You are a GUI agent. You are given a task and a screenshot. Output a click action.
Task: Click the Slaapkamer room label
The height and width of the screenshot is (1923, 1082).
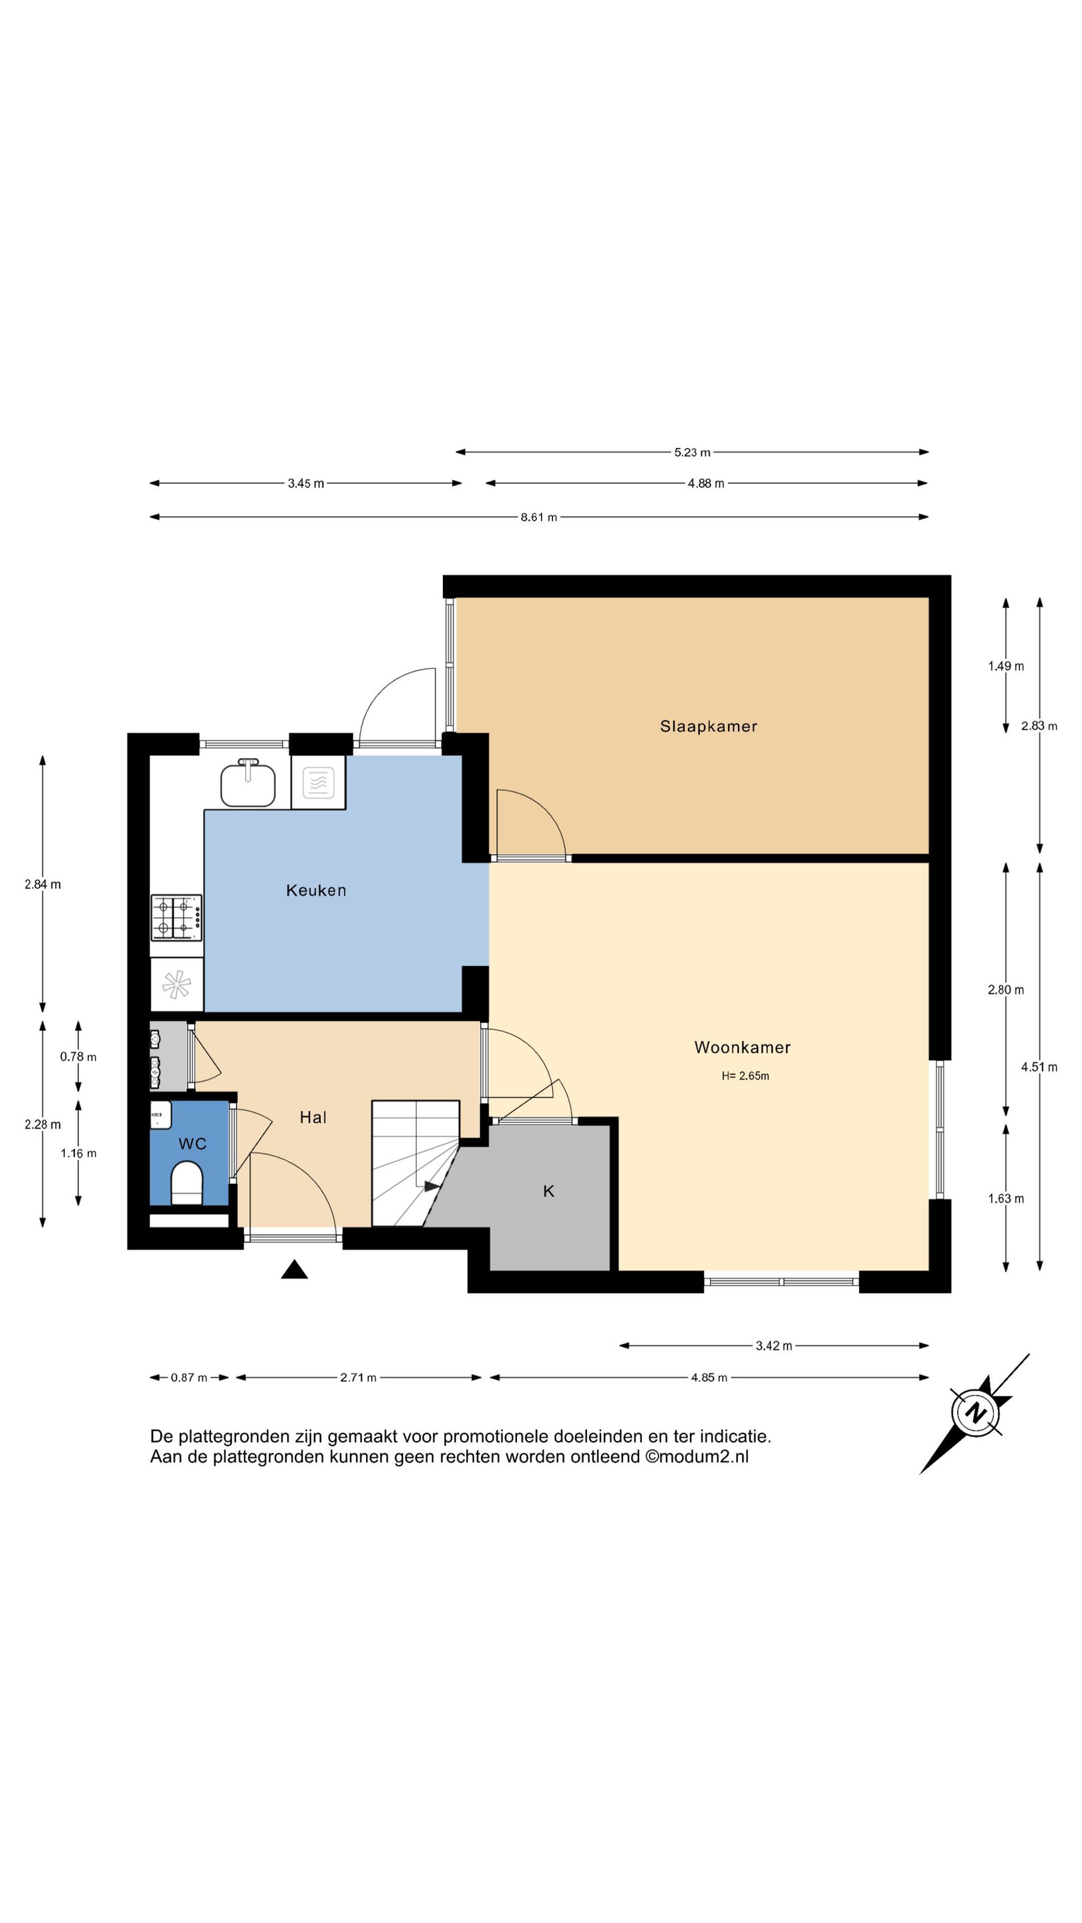(708, 726)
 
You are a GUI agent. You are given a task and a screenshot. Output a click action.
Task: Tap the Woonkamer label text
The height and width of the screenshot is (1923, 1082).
(741, 1048)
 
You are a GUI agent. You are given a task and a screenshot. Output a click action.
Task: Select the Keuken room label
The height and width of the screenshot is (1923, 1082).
(316, 890)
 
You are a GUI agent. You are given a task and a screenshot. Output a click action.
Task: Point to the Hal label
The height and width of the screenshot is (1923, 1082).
(313, 1117)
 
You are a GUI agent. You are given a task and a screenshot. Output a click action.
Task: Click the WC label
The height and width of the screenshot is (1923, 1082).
(192, 1144)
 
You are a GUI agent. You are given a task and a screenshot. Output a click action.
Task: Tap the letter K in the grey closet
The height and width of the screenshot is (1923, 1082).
(548, 1191)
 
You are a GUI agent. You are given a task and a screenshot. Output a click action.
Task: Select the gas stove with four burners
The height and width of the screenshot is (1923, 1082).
(176, 917)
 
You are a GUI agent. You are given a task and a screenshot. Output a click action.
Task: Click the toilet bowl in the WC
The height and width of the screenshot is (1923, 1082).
(187, 1183)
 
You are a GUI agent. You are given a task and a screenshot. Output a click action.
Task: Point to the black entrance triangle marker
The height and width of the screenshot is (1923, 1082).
(294, 1269)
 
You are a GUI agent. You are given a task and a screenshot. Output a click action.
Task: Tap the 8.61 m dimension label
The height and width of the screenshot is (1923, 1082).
(538, 517)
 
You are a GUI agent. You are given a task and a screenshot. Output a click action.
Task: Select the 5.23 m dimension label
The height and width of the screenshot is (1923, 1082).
(692, 453)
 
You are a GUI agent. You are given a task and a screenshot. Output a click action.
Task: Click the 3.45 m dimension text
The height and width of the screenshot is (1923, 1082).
(306, 483)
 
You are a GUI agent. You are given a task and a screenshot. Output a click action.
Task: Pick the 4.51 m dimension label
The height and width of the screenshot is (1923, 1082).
(1039, 1067)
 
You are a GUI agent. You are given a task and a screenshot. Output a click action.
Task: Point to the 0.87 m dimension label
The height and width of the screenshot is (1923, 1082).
(189, 1377)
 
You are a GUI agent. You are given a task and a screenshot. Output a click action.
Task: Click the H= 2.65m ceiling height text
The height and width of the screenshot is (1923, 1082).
(745, 1076)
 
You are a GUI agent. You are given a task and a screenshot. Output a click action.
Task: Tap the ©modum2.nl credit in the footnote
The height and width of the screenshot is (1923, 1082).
(697, 1456)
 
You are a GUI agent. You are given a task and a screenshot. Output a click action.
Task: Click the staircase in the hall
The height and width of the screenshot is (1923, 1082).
(415, 1163)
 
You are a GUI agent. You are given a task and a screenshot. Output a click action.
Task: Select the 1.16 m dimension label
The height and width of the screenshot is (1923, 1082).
(78, 1153)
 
